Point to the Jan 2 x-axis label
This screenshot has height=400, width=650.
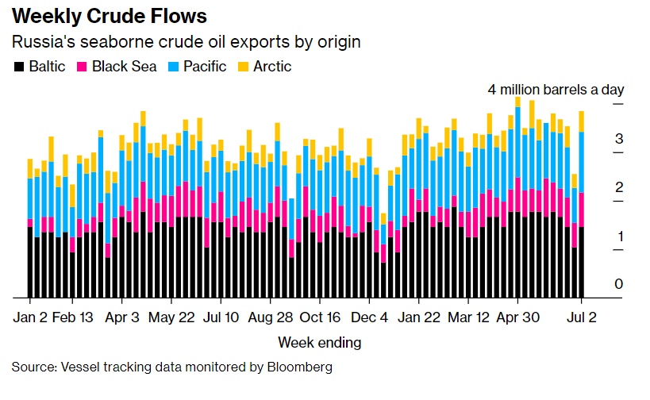coord(30,317)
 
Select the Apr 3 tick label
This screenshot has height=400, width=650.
coord(122,317)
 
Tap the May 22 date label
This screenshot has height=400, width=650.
coord(172,317)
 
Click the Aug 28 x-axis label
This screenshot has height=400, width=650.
coord(271,317)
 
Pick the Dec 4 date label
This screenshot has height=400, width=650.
coord(370,317)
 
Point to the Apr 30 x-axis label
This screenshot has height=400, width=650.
coord(518,317)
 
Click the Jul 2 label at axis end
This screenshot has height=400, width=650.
coord(583,317)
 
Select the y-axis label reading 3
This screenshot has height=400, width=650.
coord(618,139)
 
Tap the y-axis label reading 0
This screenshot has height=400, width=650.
coord(618,284)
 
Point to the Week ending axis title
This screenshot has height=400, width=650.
coord(319,343)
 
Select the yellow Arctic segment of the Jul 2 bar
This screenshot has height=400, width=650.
coord(583,121)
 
